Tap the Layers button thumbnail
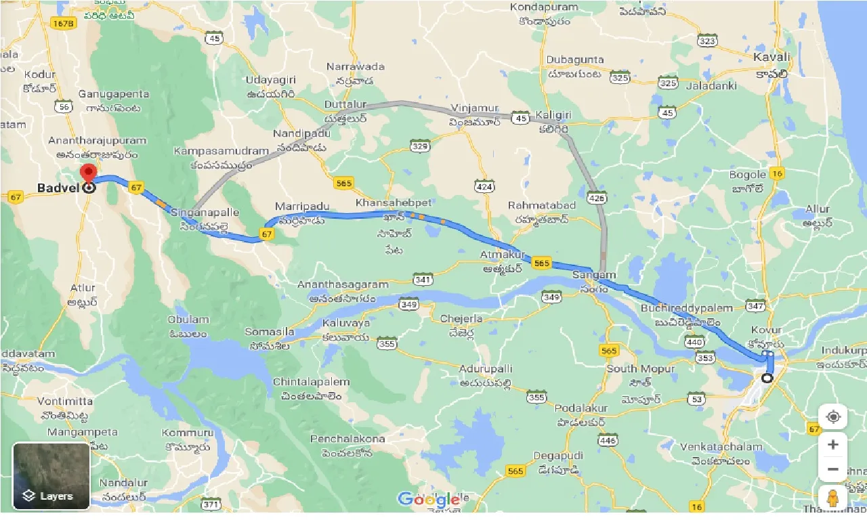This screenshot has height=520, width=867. [x=51, y=475]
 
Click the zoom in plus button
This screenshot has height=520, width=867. [x=833, y=445]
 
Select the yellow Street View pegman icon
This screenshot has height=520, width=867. [x=833, y=498]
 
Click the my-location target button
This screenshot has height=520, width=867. [x=833, y=416]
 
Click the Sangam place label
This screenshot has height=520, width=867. [x=594, y=275]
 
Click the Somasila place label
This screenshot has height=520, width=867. [x=270, y=332]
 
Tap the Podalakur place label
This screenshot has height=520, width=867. [x=581, y=409]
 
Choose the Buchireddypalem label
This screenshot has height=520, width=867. [x=687, y=308]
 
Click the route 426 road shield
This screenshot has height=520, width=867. [x=597, y=198]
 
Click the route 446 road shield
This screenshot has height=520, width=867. [x=608, y=441]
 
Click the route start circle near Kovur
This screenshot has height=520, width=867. [x=767, y=378]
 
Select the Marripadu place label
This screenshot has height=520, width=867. [x=301, y=206]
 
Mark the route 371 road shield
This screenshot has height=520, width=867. [x=212, y=504]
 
